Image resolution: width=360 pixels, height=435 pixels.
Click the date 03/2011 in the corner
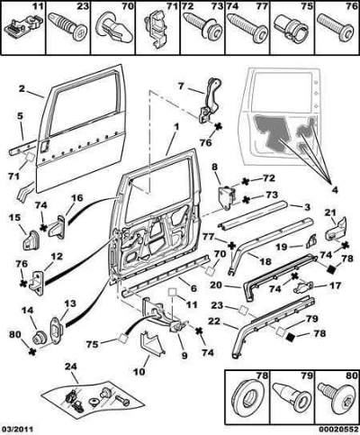click(17, 430)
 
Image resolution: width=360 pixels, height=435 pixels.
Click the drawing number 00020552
click(339, 430)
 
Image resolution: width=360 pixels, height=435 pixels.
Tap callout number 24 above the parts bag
click(71, 367)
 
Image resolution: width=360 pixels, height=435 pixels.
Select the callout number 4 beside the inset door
click(335, 189)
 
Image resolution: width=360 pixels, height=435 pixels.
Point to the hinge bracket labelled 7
click(211, 101)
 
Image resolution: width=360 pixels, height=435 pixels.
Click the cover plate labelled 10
click(153, 343)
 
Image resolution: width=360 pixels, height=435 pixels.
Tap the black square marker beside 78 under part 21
click(330, 269)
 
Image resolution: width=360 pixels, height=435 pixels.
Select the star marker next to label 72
click(246, 181)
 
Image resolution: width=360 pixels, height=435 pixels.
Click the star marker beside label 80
click(31, 352)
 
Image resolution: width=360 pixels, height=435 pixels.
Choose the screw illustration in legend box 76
click(336, 29)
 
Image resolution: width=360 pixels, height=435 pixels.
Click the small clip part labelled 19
click(310, 242)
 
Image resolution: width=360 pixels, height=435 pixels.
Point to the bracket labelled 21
click(337, 230)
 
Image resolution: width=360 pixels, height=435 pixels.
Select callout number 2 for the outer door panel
click(22, 89)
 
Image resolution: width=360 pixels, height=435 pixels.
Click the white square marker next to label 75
click(123, 338)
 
